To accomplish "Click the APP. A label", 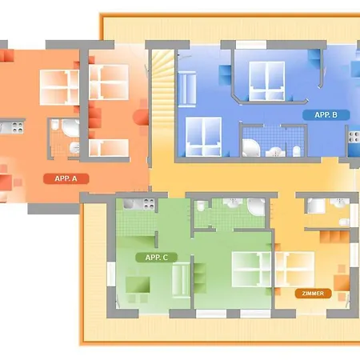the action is [x=66, y=178].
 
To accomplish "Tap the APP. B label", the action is [x=326, y=115].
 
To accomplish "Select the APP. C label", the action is [x=157, y=258].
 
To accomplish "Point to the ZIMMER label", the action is [x=313, y=294].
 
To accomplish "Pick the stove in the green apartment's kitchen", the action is [x=148, y=204].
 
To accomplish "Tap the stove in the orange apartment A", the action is [x=18, y=127].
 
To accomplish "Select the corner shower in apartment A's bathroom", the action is [x=70, y=128].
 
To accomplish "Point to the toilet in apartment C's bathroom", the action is [x=201, y=206].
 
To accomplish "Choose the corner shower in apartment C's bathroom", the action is [x=256, y=206].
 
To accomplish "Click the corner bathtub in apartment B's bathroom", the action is [x=250, y=148].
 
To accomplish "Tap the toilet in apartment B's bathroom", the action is [x=297, y=151].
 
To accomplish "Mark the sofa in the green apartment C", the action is [x=181, y=278].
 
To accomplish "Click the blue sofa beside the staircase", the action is [x=187, y=88].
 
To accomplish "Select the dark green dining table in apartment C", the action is [x=138, y=285].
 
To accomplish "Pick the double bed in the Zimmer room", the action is [x=294, y=269].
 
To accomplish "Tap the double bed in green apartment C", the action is [x=251, y=270].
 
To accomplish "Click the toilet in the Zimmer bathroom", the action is [x=344, y=222].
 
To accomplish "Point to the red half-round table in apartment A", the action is [x=141, y=118].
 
